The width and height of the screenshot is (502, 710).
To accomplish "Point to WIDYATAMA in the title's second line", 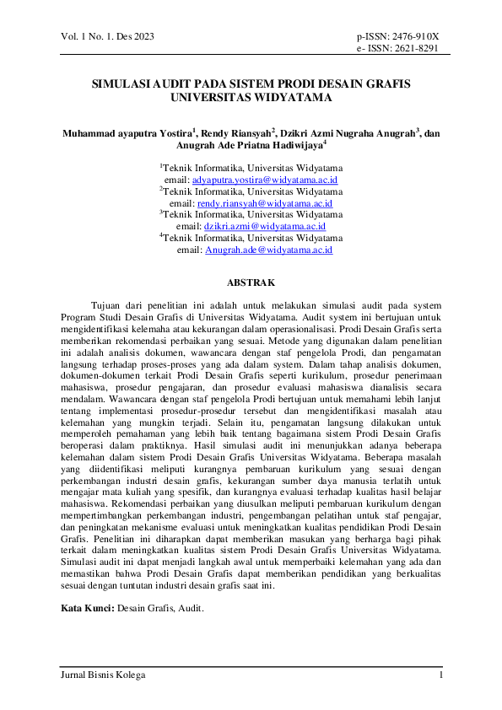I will (290, 97).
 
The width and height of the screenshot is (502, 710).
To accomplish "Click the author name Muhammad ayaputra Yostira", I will (127, 132).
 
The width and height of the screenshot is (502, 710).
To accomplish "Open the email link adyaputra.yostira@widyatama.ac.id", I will (265, 180).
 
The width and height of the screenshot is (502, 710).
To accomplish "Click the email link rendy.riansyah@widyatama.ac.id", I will (264, 203).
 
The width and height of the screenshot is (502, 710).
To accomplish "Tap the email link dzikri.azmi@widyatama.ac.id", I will (264, 226).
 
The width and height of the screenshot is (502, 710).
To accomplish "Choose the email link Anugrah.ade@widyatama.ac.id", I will (267, 250).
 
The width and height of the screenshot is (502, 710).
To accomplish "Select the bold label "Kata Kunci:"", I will (86, 607).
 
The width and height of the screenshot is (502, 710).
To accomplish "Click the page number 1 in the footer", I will (440, 675).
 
